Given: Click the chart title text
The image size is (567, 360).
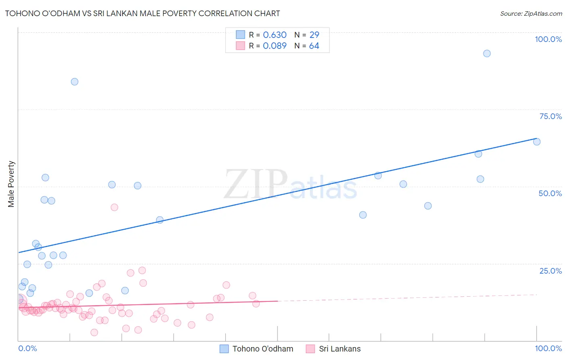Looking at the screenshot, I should (x=142, y=13).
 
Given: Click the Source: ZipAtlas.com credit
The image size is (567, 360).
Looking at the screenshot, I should (x=531, y=14).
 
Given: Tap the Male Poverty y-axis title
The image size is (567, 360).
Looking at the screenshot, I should (x=11, y=184).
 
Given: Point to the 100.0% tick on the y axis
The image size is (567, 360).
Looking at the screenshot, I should (x=548, y=39).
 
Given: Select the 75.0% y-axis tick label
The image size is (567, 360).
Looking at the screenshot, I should (x=550, y=116).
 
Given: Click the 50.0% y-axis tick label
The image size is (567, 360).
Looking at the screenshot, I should (x=550, y=193).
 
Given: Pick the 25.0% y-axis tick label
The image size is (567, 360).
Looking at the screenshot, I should (x=550, y=270).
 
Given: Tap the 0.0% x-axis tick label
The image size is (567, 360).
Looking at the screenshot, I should (x=27, y=348).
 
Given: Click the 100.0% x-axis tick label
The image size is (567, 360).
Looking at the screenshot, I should (x=548, y=348).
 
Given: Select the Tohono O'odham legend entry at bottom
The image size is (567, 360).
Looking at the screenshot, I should (x=256, y=349).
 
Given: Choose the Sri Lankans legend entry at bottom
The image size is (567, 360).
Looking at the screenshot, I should (x=334, y=349).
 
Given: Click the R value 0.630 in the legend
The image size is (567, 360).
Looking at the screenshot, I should (x=275, y=35).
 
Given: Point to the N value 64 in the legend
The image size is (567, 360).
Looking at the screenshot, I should (x=314, y=46).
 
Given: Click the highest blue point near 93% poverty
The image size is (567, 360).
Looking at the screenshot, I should (x=487, y=54).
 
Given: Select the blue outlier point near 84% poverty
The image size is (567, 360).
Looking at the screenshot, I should (x=75, y=82).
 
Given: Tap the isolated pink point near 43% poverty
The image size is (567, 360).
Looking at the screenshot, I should (x=114, y=207).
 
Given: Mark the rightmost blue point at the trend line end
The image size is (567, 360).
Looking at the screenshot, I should (x=537, y=142).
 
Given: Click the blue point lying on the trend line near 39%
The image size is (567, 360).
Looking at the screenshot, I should (x=160, y=220).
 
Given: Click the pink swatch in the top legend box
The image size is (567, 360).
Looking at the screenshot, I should (x=240, y=46).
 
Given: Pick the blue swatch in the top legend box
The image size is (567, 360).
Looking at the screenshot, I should (x=240, y=35).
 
